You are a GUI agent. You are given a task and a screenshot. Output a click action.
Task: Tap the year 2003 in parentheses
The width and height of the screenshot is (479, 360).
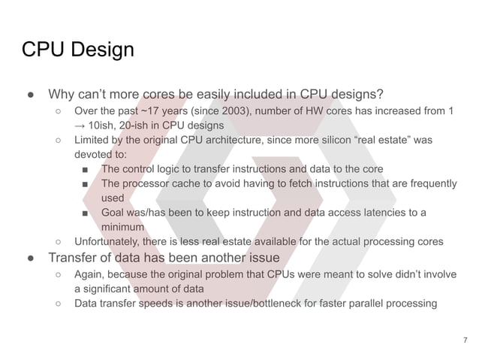pos(217,111)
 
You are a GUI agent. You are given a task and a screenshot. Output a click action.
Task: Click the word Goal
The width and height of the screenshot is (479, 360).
pos(114,212)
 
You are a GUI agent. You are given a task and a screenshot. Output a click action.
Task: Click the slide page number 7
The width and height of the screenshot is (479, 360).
pos(465,341)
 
